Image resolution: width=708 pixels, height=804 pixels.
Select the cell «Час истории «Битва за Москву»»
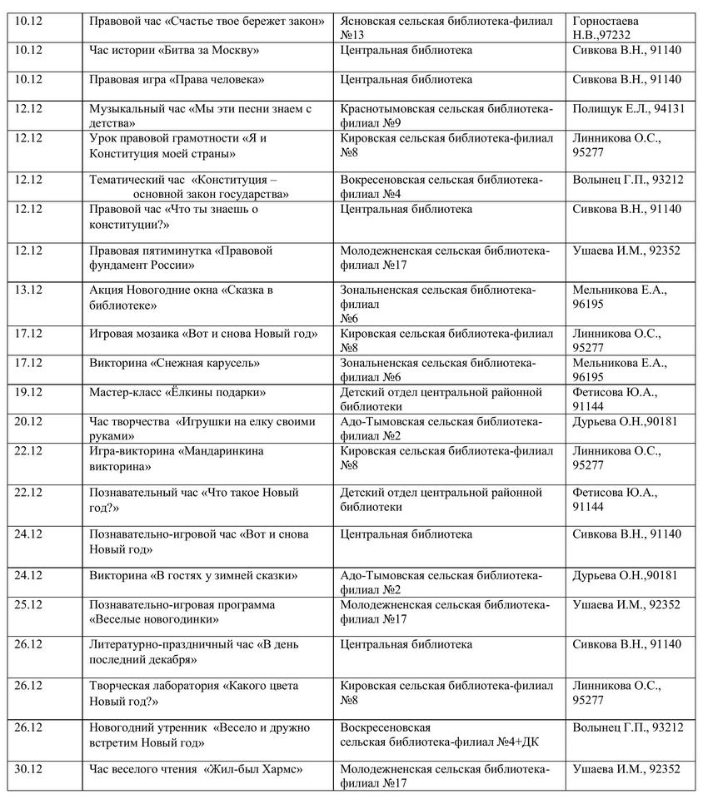pyautogui.click(x=174, y=51)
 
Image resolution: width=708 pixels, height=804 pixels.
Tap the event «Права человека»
pyautogui.click(x=177, y=80)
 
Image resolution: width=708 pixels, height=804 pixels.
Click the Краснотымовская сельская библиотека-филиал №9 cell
pyautogui.click(x=446, y=116)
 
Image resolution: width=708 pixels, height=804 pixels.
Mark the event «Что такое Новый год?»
pyautogui.click(x=193, y=500)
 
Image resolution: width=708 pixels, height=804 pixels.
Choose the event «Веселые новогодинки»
pyautogui.click(x=182, y=613)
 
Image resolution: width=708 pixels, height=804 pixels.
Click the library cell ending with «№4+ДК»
pyautogui.click(x=440, y=735)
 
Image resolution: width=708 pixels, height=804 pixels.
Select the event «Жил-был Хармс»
pyautogui.click(x=196, y=769)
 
